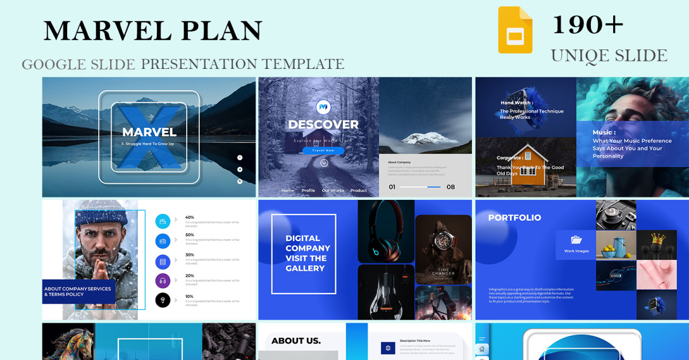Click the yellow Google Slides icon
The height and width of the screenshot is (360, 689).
pyautogui.click(x=515, y=30)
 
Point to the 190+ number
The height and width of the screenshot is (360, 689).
pyautogui.click(x=587, y=25)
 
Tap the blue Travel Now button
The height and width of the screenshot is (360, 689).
pyautogui.click(x=323, y=151)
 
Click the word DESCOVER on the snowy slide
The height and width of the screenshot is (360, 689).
pyautogui.click(x=323, y=125)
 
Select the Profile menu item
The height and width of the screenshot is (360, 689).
pyautogui.click(x=308, y=191)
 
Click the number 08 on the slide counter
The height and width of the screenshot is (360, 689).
pyautogui.click(x=451, y=187)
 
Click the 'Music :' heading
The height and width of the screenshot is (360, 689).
pyautogui.click(x=604, y=133)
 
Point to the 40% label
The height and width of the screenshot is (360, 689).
pyautogui.click(x=189, y=218)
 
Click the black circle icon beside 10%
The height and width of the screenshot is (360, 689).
pyautogui.click(x=163, y=300)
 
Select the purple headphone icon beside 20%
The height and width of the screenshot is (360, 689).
pyautogui.click(x=163, y=281)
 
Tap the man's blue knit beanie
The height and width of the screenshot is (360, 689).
pyautogui.click(x=99, y=217)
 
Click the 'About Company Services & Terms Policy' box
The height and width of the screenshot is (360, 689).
pyautogui.click(x=79, y=292)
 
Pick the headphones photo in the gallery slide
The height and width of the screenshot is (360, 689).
pyautogui.click(x=385, y=231)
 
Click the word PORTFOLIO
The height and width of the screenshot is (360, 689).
pyautogui.click(x=514, y=218)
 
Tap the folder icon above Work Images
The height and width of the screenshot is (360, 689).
pyautogui.click(x=576, y=240)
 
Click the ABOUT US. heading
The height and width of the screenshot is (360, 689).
pyautogui.click(x=296, y=341)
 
